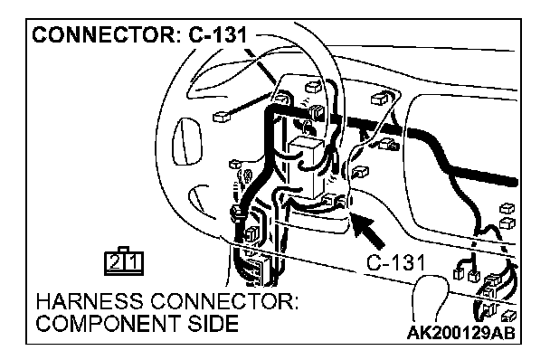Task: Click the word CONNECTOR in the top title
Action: [103, 34]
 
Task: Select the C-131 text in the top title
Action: [217, 34]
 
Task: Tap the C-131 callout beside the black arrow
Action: [395, 262]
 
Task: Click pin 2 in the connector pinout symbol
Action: [115, 262]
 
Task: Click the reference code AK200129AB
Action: [461, 332]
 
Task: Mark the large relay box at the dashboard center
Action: [306, 165]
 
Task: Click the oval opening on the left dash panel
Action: [187, 142]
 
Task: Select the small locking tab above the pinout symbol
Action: [124, 249]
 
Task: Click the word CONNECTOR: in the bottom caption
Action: [224, 301]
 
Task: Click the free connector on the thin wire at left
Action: [221, 117]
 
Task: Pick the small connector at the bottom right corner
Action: [507, 317]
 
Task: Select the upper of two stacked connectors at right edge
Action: [507, 208]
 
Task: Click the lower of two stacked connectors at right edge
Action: [507, 223]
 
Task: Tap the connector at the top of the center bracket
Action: [313, 86]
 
